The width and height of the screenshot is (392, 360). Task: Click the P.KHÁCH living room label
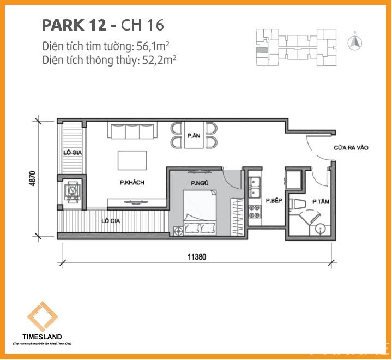pyautogui.click(x=132, y=183)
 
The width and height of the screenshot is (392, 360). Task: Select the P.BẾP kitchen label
pyautogui.click(x=273, y=201)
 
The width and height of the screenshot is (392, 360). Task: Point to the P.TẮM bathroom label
pyautogui.click(x=319, y=201)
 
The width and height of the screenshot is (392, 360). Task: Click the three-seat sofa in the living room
pyautogui.click(x=133, y=131)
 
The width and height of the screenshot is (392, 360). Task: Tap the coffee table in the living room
pyautogui.click(x=132, y=160)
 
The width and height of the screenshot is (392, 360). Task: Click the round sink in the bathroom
pyautogui.click(x=321, y=228)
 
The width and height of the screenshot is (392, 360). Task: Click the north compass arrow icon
pyautogui.click(x=356, y=41)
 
